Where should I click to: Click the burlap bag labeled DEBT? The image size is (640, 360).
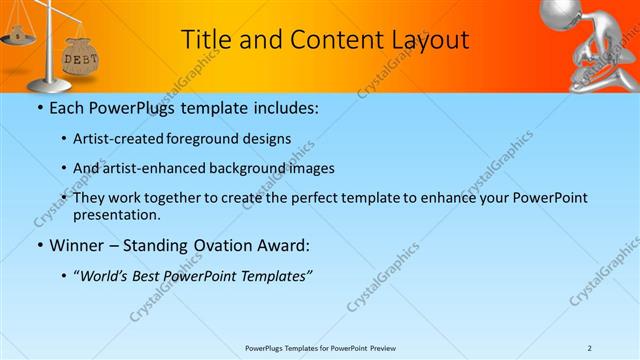point(80,58)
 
